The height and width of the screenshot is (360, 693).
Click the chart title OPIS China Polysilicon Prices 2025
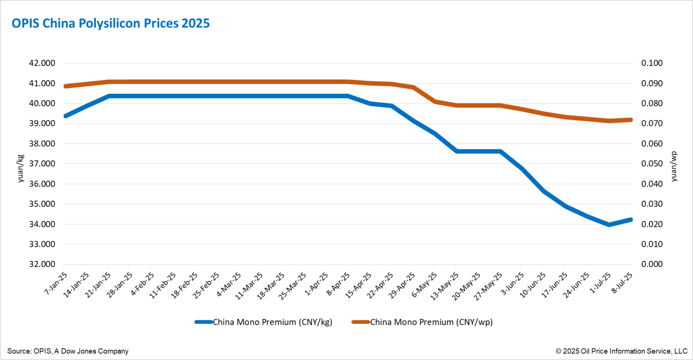[111, 23]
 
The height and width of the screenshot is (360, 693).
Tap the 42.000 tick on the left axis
[42, 63]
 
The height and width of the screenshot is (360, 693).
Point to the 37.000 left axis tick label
[42, 164]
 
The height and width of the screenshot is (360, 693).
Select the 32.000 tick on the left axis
[42, 264]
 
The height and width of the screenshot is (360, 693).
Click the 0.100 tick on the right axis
[652, 63]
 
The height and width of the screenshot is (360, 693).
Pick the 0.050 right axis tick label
[652, 164]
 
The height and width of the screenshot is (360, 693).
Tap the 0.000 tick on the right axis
[652, 264]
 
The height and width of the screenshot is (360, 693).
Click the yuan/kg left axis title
[20, 168]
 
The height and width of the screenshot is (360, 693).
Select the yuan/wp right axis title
[674, 166]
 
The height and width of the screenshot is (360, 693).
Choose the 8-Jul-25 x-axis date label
[621, 283]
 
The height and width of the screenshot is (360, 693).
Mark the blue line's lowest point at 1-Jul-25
[609, 224]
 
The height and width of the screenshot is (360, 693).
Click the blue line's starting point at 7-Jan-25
[65, 116]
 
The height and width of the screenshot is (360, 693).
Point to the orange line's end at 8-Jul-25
[630, 120]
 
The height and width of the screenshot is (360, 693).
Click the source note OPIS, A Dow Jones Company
[68, 351]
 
